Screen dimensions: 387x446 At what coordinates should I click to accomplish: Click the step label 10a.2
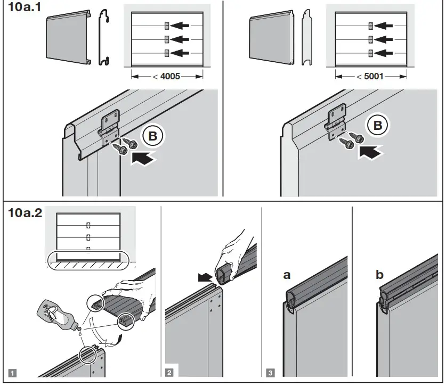pos(25,214)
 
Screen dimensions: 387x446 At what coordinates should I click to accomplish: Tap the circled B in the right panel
pos(378,126)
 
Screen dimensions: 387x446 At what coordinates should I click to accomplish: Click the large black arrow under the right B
pos(371,152)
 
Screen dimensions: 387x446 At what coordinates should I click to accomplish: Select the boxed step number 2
pos(169,373)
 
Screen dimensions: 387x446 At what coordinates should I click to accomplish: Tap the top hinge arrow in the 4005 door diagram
pos(183,25)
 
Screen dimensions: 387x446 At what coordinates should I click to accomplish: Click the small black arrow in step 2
pos(205,277)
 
